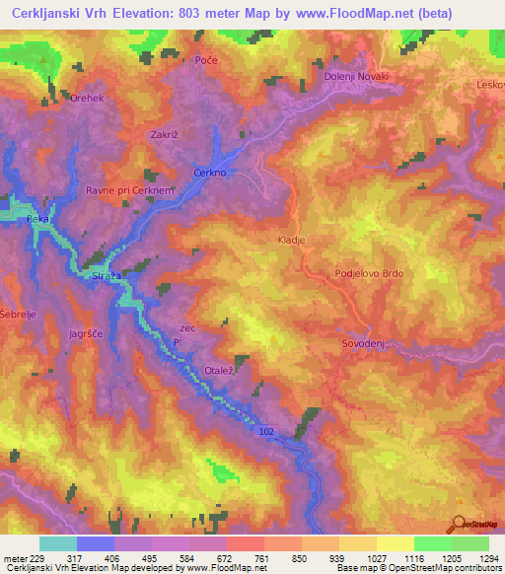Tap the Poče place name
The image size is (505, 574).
pos(206,61)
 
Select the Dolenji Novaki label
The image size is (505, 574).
pos(357,77)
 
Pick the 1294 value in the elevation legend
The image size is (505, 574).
pos(487,558)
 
